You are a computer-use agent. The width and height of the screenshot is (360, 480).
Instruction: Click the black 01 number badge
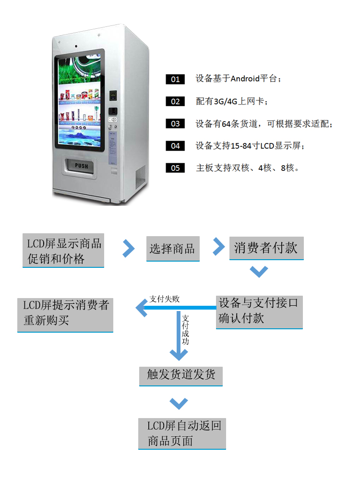[175, 79]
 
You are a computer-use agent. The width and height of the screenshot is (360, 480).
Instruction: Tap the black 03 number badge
[175, 124]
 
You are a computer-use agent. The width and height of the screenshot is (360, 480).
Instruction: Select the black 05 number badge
[175, 168]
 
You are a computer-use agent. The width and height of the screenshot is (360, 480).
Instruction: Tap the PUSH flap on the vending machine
[82, 166]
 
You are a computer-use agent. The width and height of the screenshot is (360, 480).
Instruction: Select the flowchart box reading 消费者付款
[266, 248]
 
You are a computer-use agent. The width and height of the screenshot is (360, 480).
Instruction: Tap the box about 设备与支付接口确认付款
[259, 311]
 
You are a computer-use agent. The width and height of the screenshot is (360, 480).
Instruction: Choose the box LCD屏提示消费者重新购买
[65, 314]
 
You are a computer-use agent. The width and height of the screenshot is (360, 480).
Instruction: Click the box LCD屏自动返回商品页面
[182, 433]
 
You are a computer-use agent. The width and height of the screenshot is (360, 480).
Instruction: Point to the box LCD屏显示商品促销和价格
[63, 251]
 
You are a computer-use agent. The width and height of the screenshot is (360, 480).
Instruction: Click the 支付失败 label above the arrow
[164, 299]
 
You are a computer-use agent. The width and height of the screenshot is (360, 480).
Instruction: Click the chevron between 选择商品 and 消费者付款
[219, 246]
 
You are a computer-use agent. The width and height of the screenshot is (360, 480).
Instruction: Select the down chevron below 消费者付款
[259, 272]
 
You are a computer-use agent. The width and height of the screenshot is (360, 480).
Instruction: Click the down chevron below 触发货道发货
[179, 402]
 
